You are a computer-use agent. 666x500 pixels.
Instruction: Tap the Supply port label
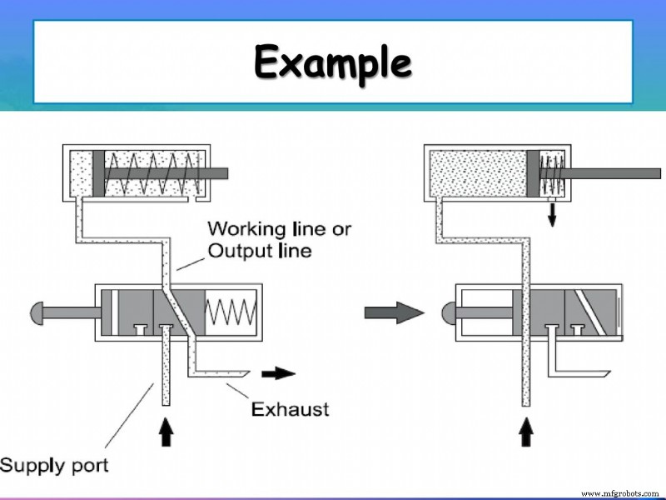tap(54, 465)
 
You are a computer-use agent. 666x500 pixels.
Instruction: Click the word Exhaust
tap(291, 409)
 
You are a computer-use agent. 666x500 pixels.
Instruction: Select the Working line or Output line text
tap(259, 238)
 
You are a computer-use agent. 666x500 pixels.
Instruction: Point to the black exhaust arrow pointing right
tap(279, 373)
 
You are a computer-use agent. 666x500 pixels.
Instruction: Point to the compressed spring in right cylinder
tap(552, 173)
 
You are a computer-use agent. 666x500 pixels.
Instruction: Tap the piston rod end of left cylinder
tap(218, 173)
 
